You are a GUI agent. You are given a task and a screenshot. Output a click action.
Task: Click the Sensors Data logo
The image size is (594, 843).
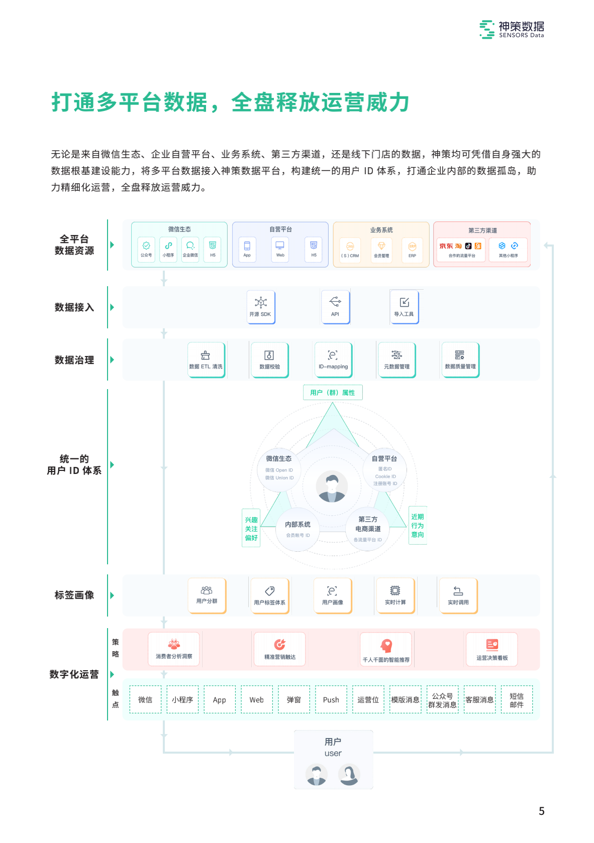pos(512,30)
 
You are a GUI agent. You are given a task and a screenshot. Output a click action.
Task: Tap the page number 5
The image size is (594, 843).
pos(541,811)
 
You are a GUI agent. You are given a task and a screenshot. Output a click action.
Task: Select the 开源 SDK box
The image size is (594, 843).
pos(260,307)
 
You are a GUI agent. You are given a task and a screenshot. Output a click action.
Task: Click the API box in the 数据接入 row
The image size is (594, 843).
pos(335,307)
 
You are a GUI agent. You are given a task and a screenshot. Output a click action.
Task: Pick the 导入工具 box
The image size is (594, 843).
pos(404,307)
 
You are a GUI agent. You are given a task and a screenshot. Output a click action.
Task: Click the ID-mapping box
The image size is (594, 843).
pos(333,359)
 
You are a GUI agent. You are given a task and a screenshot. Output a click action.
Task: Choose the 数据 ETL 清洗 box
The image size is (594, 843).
pos(206,359)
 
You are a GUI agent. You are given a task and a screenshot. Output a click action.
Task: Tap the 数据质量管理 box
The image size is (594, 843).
pos(460,359)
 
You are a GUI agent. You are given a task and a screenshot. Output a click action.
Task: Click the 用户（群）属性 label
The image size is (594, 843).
pos(332,393)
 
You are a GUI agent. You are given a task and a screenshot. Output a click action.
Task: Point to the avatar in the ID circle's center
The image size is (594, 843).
pos(332,487)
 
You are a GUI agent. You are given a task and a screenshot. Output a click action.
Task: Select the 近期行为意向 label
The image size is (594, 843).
pos(417,525)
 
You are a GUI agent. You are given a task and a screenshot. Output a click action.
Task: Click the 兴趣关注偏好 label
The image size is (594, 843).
pos(251,529)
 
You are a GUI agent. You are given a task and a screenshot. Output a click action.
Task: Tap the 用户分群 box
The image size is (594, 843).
pos(207,595)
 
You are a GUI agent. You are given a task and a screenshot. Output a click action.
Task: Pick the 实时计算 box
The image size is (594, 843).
pos(395,595)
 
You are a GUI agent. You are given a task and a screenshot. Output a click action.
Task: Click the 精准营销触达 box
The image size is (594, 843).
pos(279,649)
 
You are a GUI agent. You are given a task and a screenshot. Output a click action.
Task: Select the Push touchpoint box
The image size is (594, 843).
pos(331,699)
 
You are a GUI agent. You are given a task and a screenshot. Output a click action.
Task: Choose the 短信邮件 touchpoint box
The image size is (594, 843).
pos(517,699)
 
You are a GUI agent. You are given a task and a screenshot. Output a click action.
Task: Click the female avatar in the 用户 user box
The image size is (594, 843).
pos(349,775)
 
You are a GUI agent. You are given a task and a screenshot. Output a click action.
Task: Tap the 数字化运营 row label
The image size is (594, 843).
pos(74,674)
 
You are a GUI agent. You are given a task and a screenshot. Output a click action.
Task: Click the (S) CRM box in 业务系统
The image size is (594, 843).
pos(350,249)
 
